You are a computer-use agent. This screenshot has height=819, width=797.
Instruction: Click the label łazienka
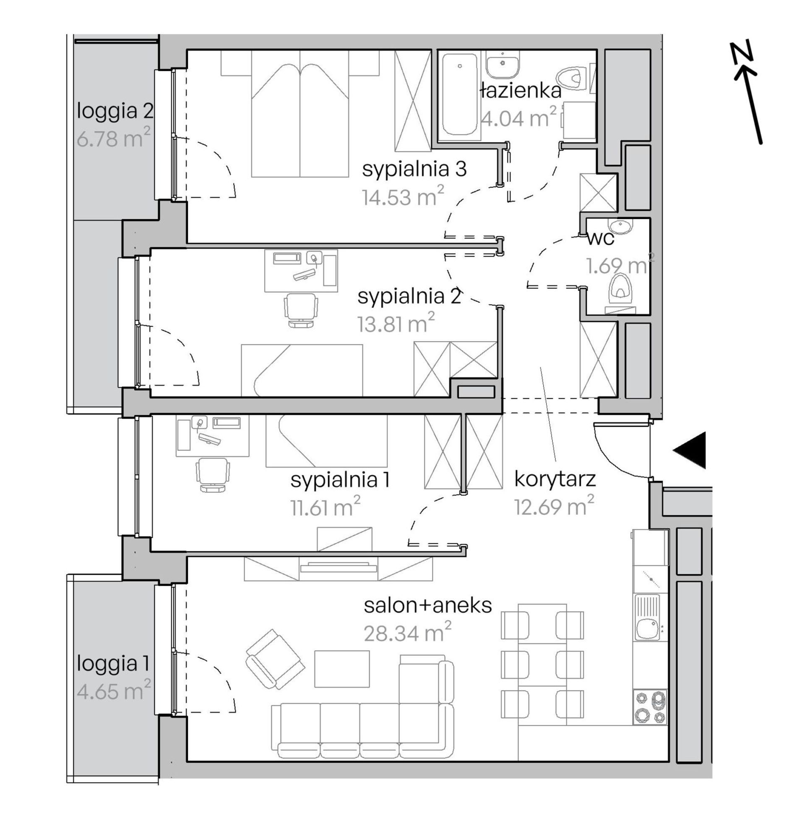tap(521, 92)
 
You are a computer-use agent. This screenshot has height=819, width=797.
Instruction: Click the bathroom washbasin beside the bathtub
tap(503, 65)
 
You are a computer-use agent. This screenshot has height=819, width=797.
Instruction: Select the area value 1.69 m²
tap(620, 265)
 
